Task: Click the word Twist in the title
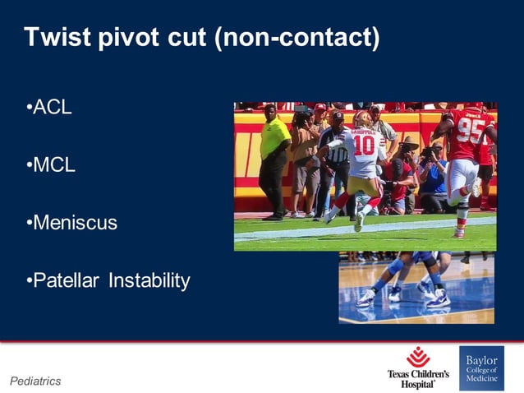pyautogui.click(x=54, y=38)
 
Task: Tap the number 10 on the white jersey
pyautogui.click(x=364, y=146)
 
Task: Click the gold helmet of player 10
pyautogui.click(x=361, y=118)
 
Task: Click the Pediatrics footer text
pyautogui.click(x=35, y=381)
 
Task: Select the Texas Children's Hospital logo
pyautogui.click(x=418, y=368)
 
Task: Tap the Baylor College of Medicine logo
pyautogui.click(x=481, y=368)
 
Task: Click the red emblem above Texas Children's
pyautogui.click(x=418, y=356)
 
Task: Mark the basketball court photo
pyautogui.click(x=417, y=287)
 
